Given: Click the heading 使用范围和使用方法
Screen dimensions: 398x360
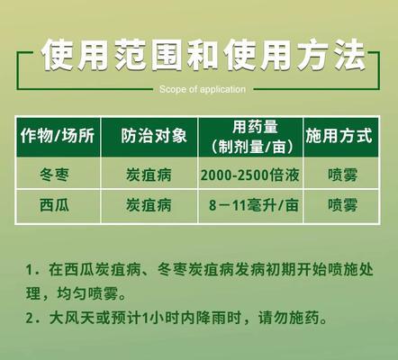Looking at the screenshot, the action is coord(204,56).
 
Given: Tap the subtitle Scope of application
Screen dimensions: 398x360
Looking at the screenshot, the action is coord(203,89).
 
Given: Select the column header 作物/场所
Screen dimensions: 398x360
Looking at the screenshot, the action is coord(58,136).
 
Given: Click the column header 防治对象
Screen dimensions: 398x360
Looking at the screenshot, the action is coord(154,136).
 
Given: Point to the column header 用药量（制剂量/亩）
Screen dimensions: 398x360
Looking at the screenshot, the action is coord(252,137).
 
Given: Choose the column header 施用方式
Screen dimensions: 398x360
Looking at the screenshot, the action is coord(339,136).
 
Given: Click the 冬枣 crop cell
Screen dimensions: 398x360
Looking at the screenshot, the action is coord(54,175).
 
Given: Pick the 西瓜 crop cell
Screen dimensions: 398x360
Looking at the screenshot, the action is coord(54,205).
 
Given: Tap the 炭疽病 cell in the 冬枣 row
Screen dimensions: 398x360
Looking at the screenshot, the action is coord(149,175).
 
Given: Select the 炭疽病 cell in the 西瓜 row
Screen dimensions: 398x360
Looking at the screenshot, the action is coord(149,205).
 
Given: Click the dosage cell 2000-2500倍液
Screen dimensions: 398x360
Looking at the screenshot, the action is coord(250,175).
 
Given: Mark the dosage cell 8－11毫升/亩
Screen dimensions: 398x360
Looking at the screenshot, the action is coord(254,205).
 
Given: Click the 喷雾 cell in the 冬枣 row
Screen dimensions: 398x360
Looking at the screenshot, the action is coord(342,175).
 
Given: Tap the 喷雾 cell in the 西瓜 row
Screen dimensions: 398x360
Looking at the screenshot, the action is coord(342,205).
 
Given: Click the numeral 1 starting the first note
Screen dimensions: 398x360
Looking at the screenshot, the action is coord(29,270).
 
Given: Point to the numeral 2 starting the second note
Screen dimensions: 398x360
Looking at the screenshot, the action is coord(29,319).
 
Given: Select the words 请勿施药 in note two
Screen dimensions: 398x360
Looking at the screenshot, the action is coord(289,318).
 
